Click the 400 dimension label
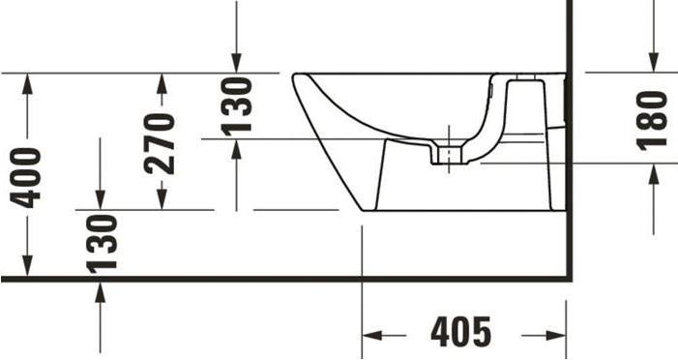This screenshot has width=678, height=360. [27, 176]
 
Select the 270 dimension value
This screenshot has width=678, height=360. [161, 142]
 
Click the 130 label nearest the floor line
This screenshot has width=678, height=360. [101, 243]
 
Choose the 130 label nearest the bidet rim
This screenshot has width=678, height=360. [236, 105]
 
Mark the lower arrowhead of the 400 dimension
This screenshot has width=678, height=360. [27, 270]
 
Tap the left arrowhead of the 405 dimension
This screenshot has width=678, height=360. [370, 335]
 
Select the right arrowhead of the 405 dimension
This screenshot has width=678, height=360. [558, 335]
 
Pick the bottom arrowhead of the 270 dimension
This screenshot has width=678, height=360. [161, 201]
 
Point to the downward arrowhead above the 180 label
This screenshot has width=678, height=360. [654, 62]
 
